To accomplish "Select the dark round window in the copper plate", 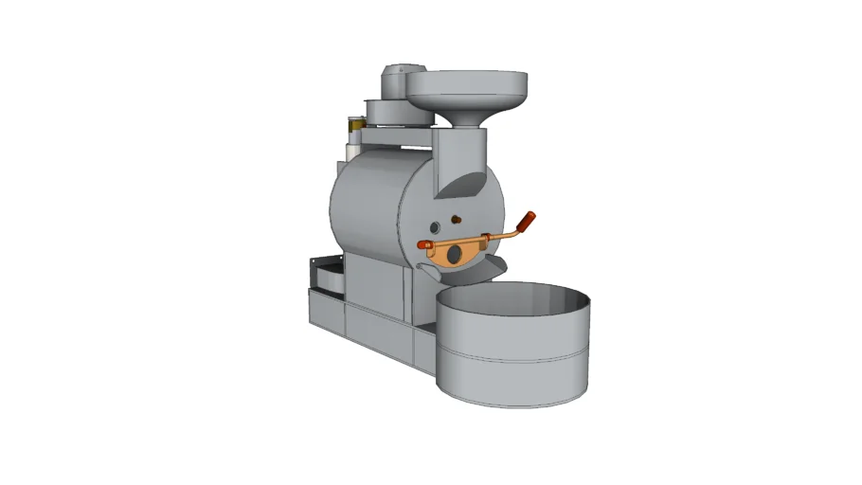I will (456, 254).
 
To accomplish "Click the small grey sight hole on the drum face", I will (435, 228).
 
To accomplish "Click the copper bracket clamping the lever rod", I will (486, 237).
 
